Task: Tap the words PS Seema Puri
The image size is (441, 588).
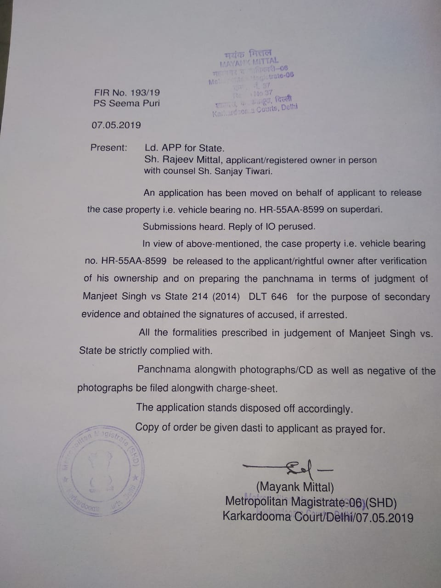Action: [x=127, y=103]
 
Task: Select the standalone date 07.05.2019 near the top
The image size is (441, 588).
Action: [x=116, y=125]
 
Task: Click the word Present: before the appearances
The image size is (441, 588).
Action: [x=109, y=147]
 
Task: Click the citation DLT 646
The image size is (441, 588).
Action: [x=268, y=297]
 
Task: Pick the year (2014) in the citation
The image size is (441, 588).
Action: [x=226, y=297]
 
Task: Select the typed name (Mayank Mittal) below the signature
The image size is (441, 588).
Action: [x=295, y=487]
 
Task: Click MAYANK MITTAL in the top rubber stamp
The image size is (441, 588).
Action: [x=249, y=61]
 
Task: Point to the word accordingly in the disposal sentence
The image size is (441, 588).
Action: [x=325, y=408]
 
